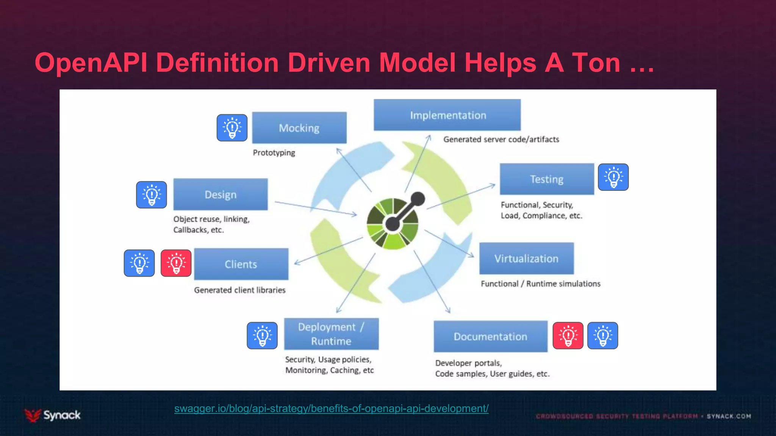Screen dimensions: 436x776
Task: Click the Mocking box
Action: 299,128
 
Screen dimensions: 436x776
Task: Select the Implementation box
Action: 447,115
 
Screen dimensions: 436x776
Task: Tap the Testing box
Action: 547,179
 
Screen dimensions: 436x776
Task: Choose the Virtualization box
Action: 526,258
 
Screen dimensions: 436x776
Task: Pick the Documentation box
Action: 490,336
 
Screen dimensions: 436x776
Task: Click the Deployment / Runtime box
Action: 331,334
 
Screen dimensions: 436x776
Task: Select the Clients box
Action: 241,264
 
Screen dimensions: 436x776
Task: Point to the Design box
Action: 221,195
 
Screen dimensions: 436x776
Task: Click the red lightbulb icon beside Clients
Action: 176,263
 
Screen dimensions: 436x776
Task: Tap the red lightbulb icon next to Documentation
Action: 568,335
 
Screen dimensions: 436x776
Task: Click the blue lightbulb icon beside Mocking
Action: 232,128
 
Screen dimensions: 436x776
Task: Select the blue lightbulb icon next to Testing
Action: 613,177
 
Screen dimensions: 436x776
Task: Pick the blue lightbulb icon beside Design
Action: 152,195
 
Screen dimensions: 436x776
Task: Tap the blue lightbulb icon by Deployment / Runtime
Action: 262,335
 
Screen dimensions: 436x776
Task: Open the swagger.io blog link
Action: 331,409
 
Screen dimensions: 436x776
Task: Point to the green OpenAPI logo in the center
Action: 393,223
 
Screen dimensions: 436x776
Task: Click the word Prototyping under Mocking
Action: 274,153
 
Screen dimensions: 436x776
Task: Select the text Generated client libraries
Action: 239,290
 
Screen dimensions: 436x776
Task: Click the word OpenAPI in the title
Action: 91,62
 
